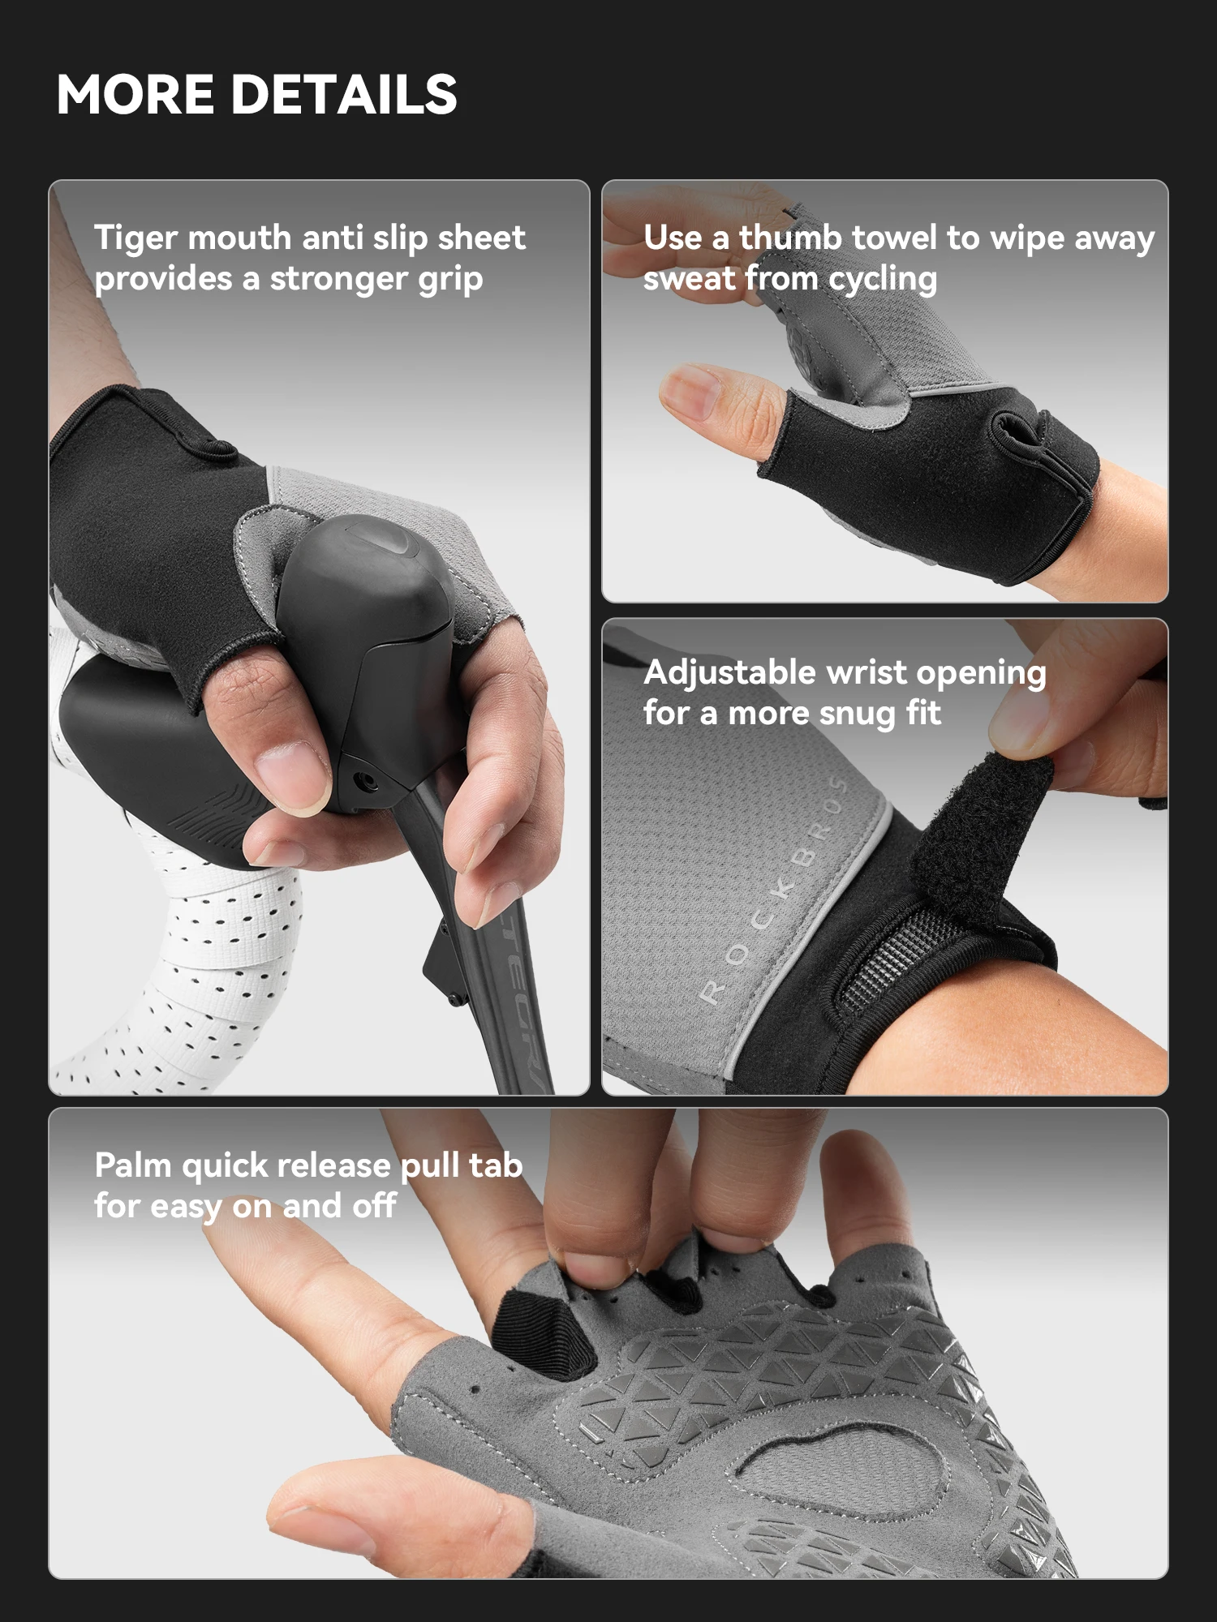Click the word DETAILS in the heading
[x=345, y=94]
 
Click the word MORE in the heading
[x=135, y=94]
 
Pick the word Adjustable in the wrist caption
[x=729, y=674]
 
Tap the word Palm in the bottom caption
[x=133, y=1165]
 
